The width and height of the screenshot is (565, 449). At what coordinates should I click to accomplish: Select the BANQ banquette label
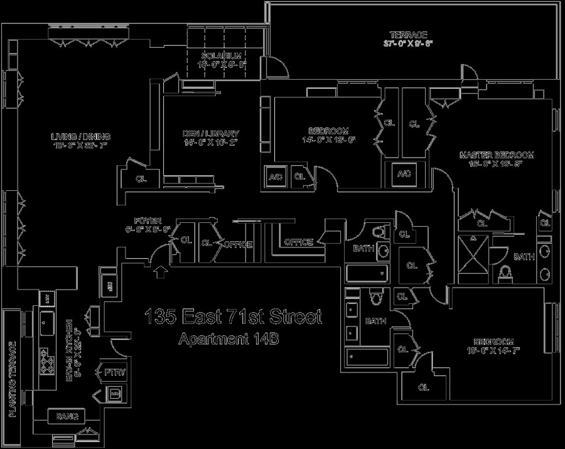pyautogui.click(x=67, y=416)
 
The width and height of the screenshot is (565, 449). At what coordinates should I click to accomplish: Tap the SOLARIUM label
pyautogui.click(x=221, y=56)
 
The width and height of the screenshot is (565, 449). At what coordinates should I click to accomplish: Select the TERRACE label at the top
pyautogui.click(x=409, y=35)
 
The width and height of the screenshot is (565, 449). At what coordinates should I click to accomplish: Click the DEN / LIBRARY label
pyautogui.click(x=210, y=133)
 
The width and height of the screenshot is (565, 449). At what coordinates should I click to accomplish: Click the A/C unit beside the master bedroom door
pyautogui.click(x=402, y=174)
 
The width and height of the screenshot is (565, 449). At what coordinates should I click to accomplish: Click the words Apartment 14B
pyautogui.click(x=228, y=339)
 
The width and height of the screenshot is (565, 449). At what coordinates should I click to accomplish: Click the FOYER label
pyautogui.click(x=148, y=220)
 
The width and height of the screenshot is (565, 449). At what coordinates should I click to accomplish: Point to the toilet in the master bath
pyautogui.click(x=506, y=274)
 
